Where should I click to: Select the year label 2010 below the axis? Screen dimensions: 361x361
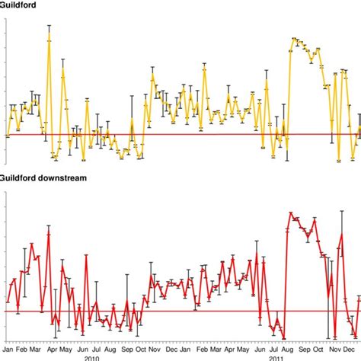coord(91,357)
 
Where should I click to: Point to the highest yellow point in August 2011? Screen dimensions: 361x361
coord(296,39)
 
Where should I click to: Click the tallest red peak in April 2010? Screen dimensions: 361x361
coord(49,233)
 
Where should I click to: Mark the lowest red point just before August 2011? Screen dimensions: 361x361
coord(283,339)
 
